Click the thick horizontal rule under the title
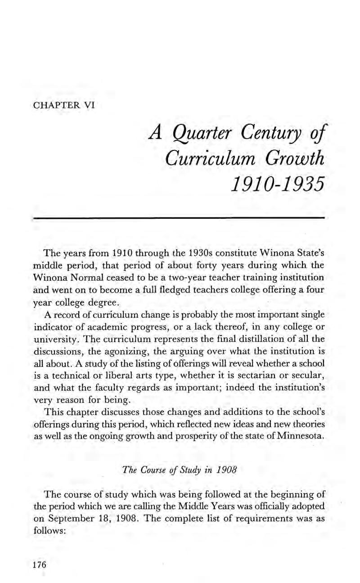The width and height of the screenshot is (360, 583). (179, 218)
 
